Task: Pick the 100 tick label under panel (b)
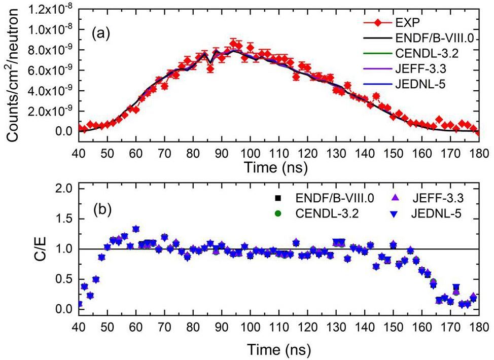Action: pyautogui.click(x=250, y=325)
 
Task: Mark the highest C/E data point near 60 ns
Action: pyautogui.click(x=136, y=229)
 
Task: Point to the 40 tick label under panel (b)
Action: pyautogui.click(x=79, y=325)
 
